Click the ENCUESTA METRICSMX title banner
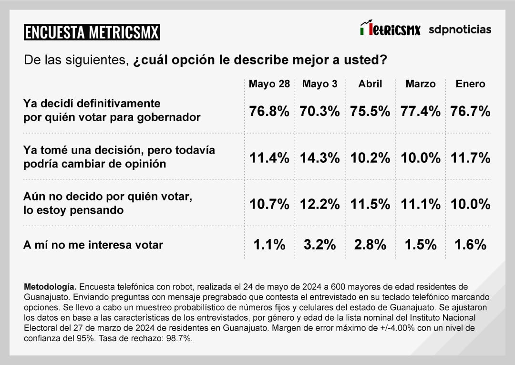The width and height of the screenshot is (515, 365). pyautogui.click(x=92, y=32)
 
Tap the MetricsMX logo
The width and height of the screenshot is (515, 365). pyautogui.click(x=390, y=29)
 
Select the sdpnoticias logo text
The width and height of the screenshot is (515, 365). pyautogui.click(x=460, y=30)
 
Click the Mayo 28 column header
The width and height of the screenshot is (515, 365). pyautogui.click(x=269, y=84)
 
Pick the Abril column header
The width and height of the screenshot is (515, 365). pyautogui.click(x=370, y=84)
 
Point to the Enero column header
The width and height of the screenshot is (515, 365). pyautogui.click(x=470, y=84)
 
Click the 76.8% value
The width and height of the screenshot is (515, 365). pyautogui.click(x=269, y=112)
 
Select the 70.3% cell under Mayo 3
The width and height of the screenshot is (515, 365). pyautogui.click(x=319, y=112)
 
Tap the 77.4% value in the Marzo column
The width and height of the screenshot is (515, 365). pyautogui.click(x=420, y=112)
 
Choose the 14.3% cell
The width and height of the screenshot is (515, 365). pyautogui.click(x=319, y=158)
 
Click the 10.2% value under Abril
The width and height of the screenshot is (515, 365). pyautogui.click(x=370, y=158)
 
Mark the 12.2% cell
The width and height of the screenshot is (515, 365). pyautogui.click(x=319, y=204)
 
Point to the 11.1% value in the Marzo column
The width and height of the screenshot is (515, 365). pyautogui.click(x=420, y=204)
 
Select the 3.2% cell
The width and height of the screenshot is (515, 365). pyautogui.click(x=319, y=245)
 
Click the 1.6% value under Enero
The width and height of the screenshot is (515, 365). pyautogui.click(x=470, y=245)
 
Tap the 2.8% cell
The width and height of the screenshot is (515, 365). pyautogui.click(x=370, y=245)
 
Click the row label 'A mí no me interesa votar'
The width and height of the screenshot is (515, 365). pyautogui.click(x=93, y=245)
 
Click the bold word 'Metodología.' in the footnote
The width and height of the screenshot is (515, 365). pyautogui.click(x=50, y=287)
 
